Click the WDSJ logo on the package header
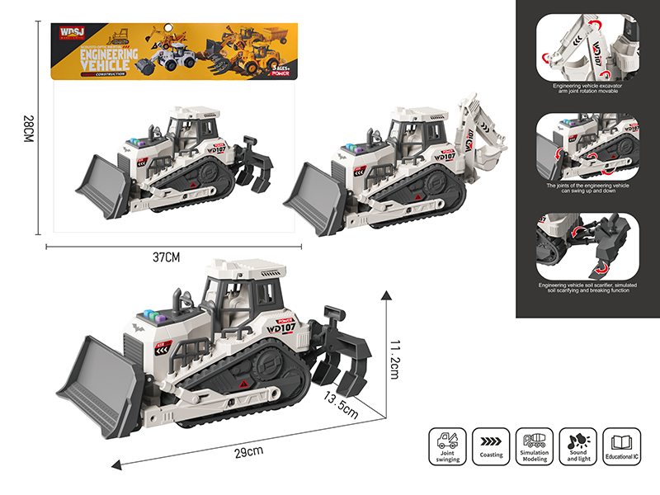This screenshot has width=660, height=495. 68,35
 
